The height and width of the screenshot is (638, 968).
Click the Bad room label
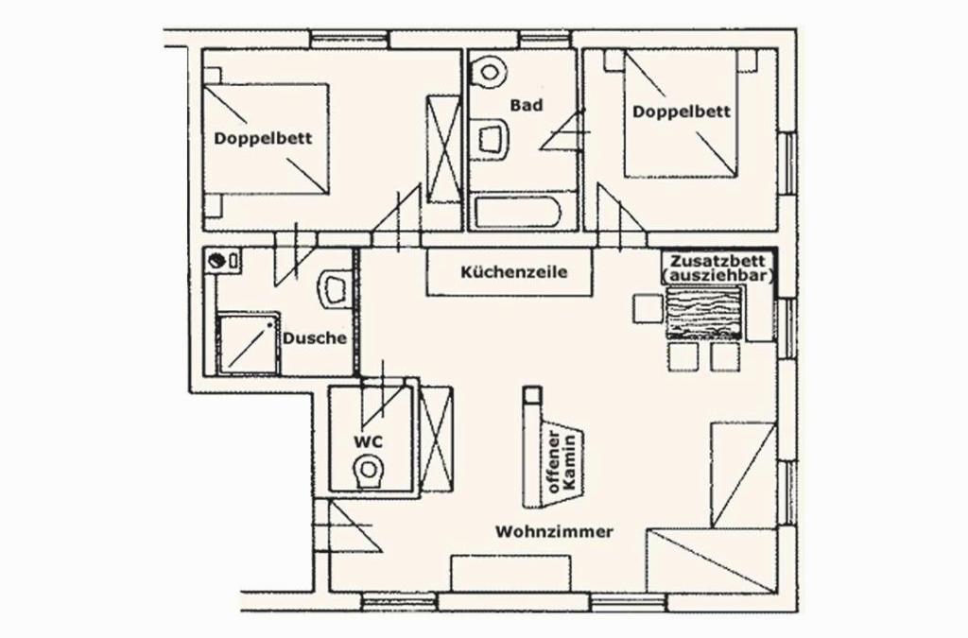(527, 105)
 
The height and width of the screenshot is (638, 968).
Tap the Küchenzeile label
(513, 272)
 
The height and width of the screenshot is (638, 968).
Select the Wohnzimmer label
(554, 531)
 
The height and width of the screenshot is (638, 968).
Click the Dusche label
(314, 338)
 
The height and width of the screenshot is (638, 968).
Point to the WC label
(368, 441)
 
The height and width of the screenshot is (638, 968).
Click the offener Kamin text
(562, 461)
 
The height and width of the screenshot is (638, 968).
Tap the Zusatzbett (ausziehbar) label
(718, 268)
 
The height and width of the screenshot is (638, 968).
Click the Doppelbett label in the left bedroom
(263, 138)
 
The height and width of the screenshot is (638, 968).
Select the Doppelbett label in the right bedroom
(682, 112)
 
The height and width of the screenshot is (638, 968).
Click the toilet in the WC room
(370, 472)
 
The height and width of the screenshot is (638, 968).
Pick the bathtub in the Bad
(515, 213)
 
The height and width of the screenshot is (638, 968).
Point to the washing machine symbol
(223, 260)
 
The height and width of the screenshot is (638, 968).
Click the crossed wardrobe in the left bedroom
(444, 148)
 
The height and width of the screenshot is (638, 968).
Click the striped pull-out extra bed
(704, 313)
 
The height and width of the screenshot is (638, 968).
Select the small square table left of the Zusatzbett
(648, 308)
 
